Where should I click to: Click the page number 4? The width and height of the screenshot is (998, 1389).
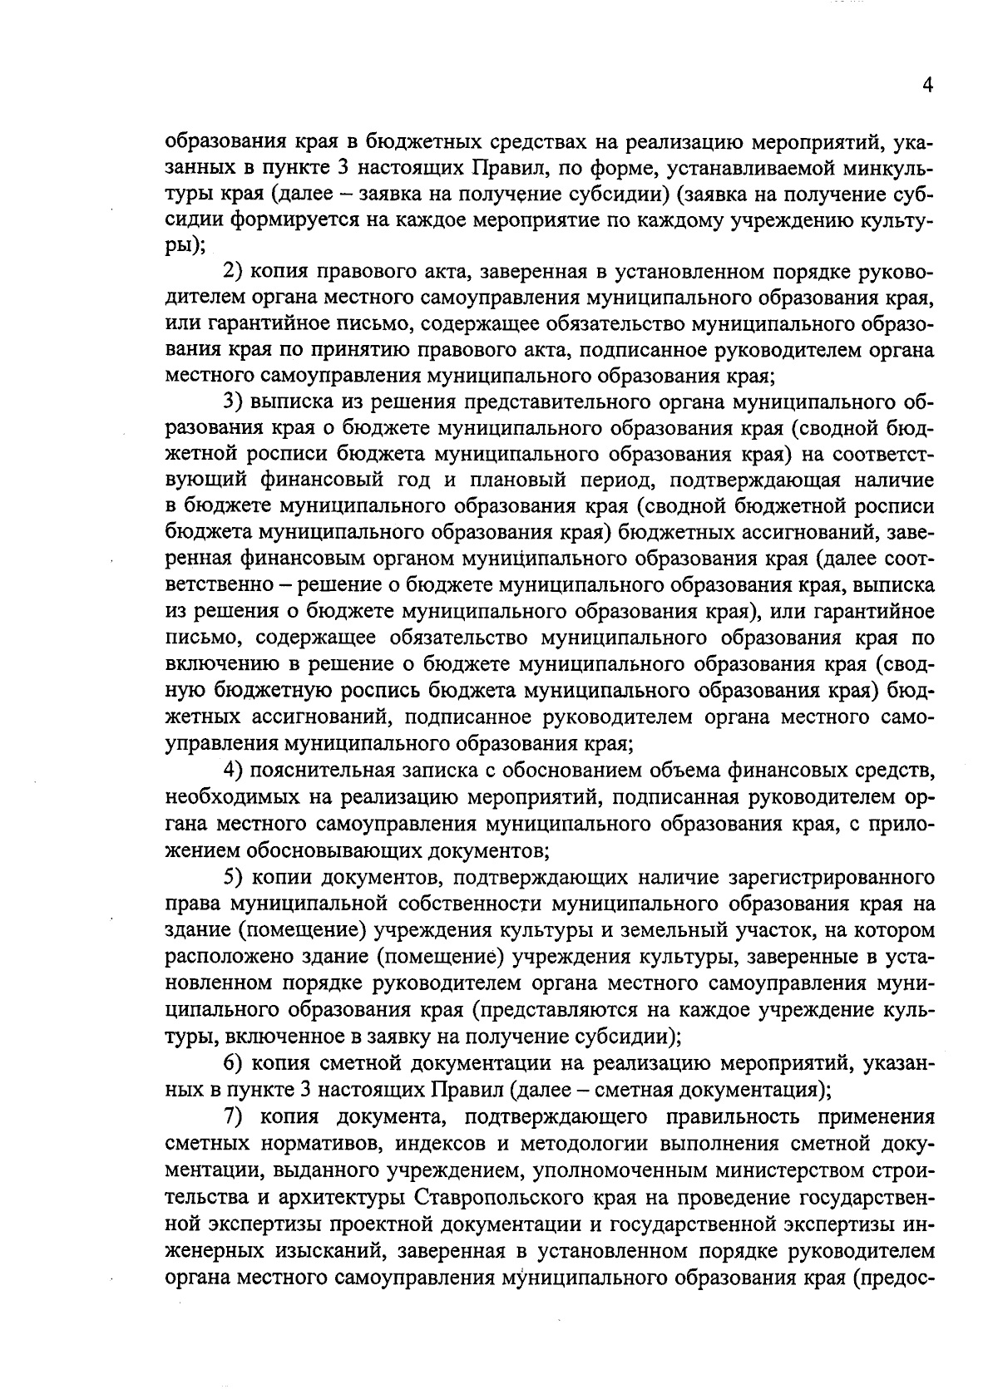coord(927,86)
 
